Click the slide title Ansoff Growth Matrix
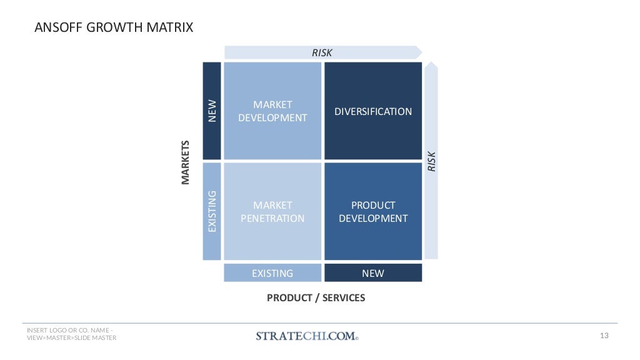click(113, 28)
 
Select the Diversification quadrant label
click(373, 112)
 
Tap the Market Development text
click(272, 111)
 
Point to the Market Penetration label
click(272, 212)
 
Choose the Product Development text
click(373, 212)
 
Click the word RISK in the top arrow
click(322, 53)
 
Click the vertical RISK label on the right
click(431, 161)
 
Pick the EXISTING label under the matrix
click(272, 273)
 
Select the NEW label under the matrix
click(373, 273)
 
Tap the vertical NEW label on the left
click(212, 111)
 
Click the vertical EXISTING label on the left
click(212, 211)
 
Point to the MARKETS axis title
click(185, 162)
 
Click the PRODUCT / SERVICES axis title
click(316, 298)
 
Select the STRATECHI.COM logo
click(307, 336)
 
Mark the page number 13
click(604, 336)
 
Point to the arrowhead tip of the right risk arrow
click(431, 63)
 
